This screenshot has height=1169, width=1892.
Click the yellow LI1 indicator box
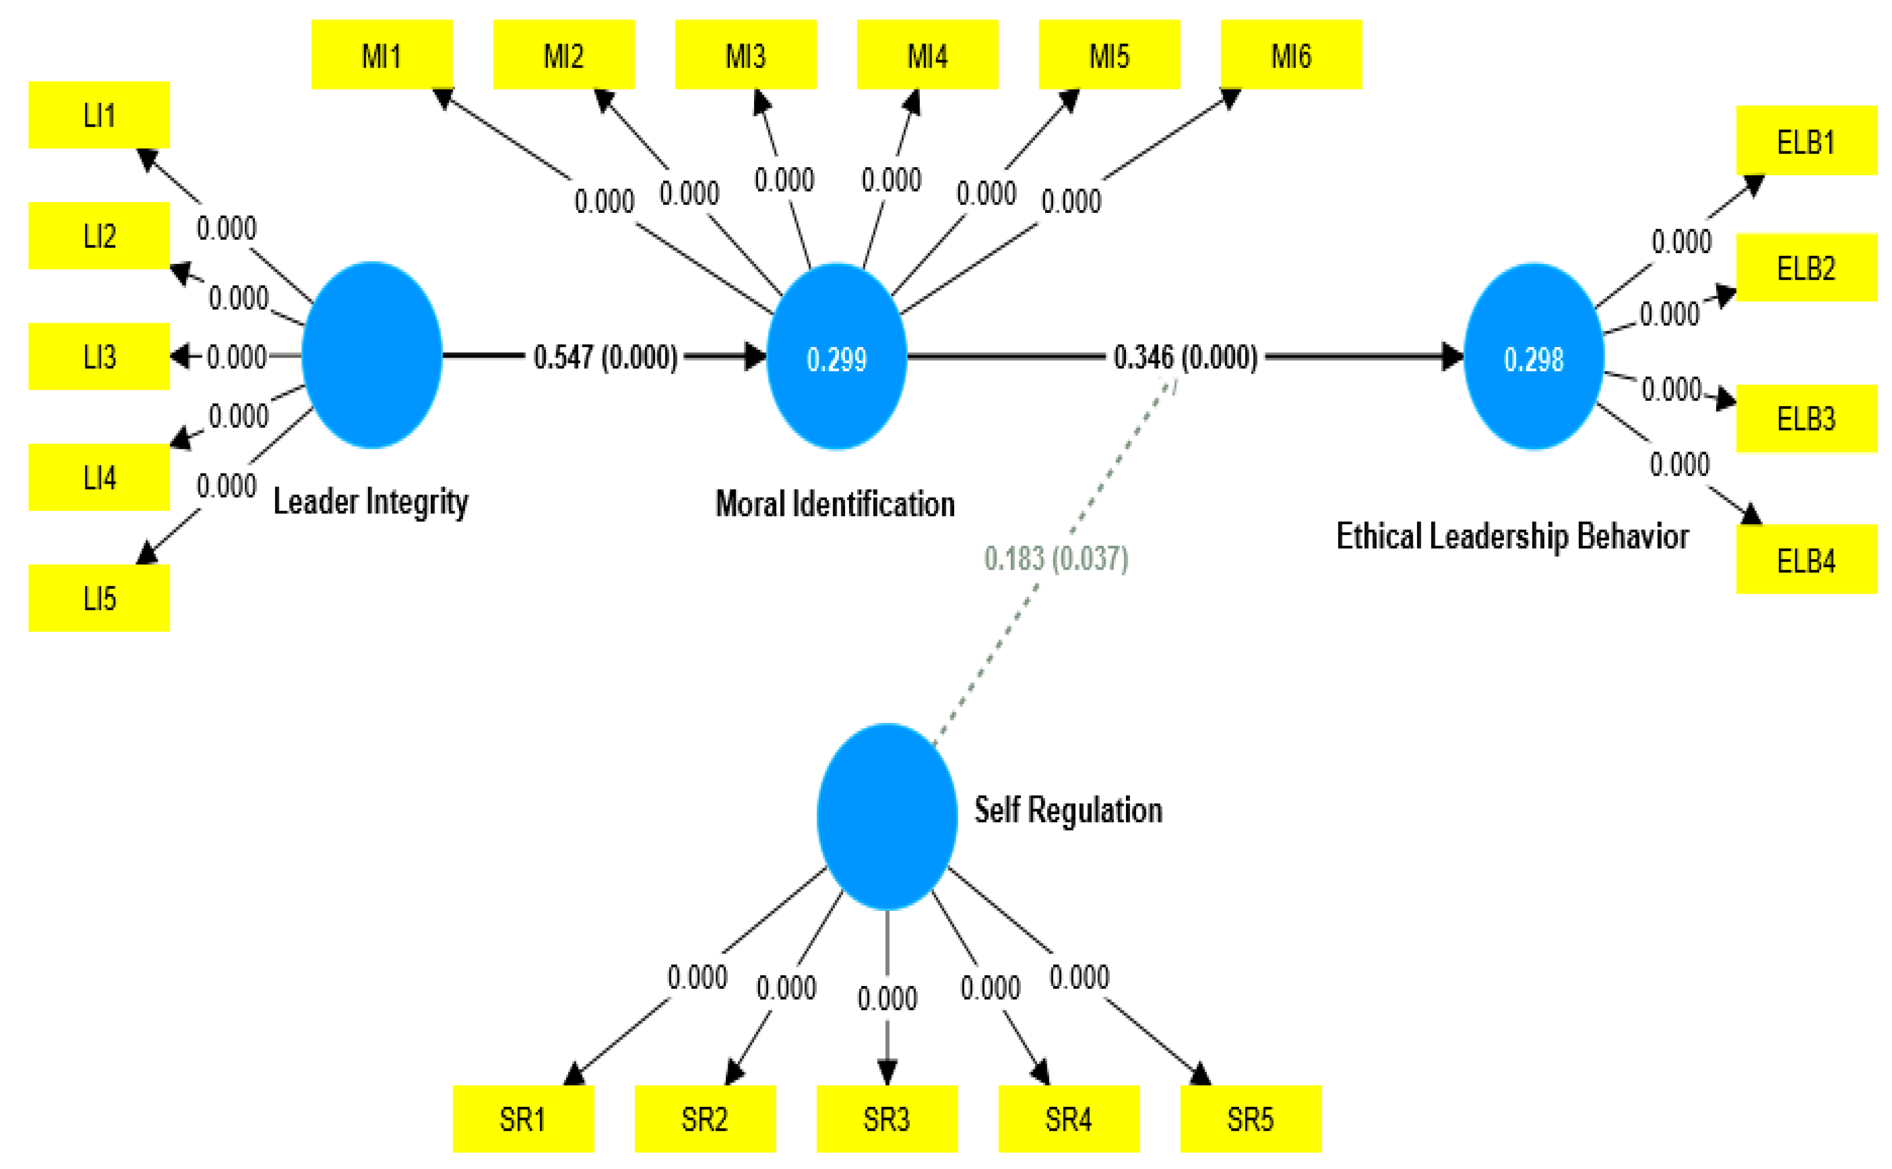point(99,115)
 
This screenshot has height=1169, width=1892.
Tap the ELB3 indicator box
point(1806,418)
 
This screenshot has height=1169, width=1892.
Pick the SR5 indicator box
point(1250,1118)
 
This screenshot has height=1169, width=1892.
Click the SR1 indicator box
point(523,1118)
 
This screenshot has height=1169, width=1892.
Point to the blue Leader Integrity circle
point(371,355)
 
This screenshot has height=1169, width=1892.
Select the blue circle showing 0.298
point(1533,357)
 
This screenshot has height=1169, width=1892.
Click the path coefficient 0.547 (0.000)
point(605,357)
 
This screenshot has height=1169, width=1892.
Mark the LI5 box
point(99,598)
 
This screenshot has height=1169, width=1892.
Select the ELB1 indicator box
point(1806,141)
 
